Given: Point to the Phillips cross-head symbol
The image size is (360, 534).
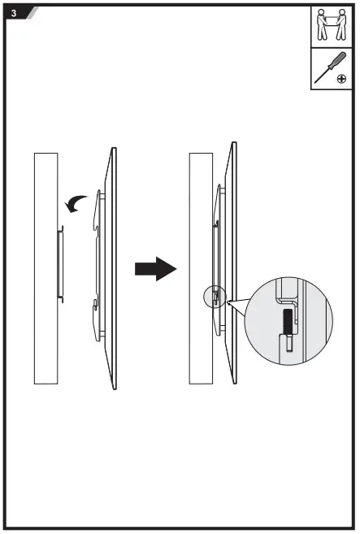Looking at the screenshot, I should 342,79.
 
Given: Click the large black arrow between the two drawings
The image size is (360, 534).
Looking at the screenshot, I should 155,267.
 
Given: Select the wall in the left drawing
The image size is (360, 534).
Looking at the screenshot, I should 46,268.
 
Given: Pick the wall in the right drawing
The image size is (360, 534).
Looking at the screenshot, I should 199,268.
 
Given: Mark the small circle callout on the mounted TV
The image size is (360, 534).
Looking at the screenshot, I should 209,296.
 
